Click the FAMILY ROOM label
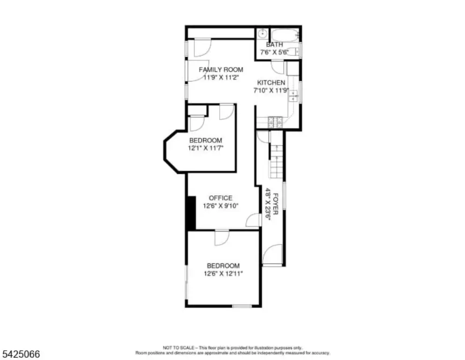[221, 70]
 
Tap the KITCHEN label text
[271, 83]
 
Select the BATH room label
[274, 45]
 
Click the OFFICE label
[221, 198]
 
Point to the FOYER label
[275, 204]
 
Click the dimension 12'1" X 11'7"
[206, 148]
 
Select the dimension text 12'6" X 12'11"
[223, 273]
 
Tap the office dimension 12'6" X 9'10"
[221, 206]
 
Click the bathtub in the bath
[285, 35]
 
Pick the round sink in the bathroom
[262, 34]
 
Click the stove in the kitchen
[275, 122]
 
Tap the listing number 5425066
[21, 354]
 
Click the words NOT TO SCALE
[178, 347]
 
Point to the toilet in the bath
[294, 52]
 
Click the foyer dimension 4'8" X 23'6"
[268, 204]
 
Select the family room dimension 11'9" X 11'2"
[221, 77]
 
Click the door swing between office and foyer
[253, 220]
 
